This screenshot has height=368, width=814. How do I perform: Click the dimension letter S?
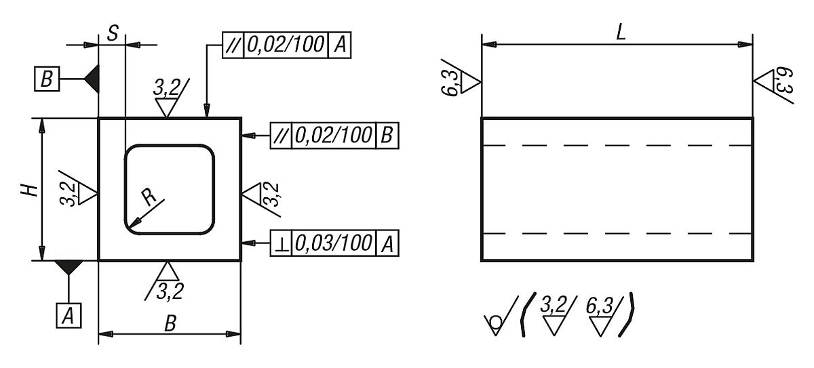coord(113,33)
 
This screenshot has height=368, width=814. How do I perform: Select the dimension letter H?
coord(29,190)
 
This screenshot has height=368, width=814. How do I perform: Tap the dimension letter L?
coord(621,33)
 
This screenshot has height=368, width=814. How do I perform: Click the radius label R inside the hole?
coord(149,197)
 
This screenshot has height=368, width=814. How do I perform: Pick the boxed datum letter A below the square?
coord(69,315)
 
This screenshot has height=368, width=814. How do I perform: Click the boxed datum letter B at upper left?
coord(47,79)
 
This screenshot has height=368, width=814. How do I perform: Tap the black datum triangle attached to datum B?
coord(92,79)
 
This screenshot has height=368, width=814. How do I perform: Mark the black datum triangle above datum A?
coord(69,267)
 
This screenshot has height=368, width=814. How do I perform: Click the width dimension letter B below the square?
coord(170,324)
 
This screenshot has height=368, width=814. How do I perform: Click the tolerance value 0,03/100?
coord(334,243)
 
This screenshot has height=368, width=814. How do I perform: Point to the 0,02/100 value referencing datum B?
coord(334,136)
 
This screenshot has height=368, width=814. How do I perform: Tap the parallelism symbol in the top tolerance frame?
coord(233,45)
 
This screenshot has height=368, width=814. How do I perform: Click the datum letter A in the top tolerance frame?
coord(340,45)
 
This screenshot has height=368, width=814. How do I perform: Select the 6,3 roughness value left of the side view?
coord(450,83)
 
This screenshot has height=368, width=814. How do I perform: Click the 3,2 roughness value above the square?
coord(166,87)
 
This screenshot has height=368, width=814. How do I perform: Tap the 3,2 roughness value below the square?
coord(170,291)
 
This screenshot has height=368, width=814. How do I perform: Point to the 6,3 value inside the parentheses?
coord(599,306)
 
